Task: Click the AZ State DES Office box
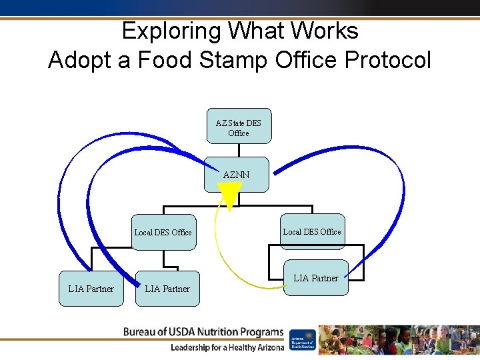coord(239,126)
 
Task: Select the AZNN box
coord(237,175)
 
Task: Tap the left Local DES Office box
coord(163,232)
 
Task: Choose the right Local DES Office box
coord(312,231)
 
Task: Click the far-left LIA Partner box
coord(91,289)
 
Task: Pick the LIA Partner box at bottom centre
coord(167,289)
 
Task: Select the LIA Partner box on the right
coord(316,277)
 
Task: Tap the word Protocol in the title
coord(388,60)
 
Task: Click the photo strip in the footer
coord(399,339)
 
